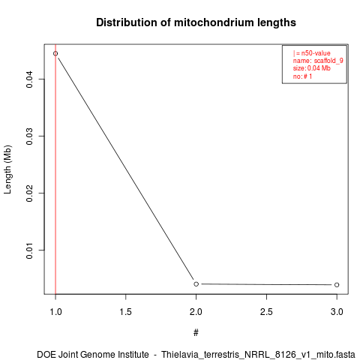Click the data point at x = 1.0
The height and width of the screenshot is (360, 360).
(55, 53)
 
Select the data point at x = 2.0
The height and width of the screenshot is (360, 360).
(196, 284)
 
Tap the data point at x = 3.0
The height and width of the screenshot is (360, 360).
(337, 285)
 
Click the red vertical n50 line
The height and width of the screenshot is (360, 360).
(55, 169)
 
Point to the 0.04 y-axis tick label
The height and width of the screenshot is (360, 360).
(29, 79)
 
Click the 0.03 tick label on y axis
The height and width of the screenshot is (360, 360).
(29, 136)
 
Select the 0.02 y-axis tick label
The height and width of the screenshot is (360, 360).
(29, 193)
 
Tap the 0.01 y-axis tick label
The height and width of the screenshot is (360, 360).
(29, 250)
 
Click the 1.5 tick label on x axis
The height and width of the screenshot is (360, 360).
(126, 312)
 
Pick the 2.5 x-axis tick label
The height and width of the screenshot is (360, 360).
(266, 312)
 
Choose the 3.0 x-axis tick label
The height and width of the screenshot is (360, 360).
(337, 312)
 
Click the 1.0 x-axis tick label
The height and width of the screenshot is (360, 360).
(55, 312)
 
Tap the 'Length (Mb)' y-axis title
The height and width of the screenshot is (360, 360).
(7, 169)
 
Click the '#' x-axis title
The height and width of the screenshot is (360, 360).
(196, 333)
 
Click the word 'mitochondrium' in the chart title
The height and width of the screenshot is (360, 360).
(211, 22)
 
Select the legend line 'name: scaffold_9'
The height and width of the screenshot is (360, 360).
(318, 61)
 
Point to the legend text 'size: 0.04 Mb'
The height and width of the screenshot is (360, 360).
(312, 68)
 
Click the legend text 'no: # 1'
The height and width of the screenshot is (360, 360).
(302, 76)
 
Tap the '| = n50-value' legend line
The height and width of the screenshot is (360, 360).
(312, 53)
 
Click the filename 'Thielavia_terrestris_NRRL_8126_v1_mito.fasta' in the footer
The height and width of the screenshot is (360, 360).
(258, 355)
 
